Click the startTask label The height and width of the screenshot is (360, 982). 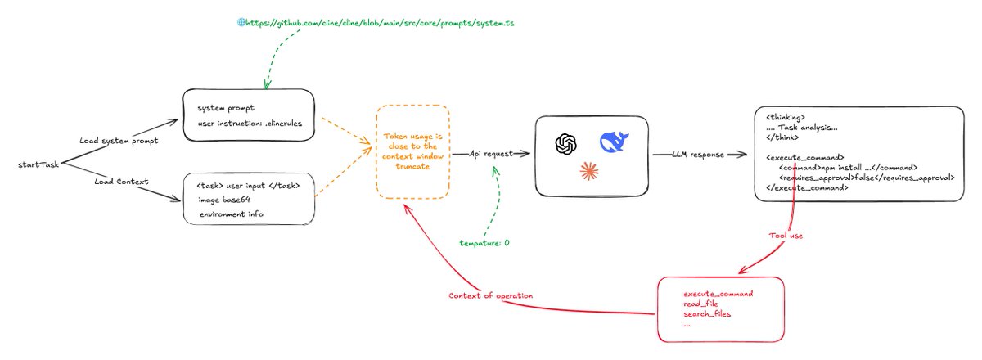pyautogui.click(x=38, y=165)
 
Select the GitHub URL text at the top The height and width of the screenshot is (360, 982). pyautogui.click(x=380, y=23)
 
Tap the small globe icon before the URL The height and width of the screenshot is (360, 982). pyautogui.click(x=241, y=22)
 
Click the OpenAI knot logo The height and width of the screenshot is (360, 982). pyautogui.click(x=566, y=144)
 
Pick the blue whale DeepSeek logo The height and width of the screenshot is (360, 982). pyautogui.click(x=615, y=142)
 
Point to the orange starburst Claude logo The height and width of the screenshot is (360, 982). pyautogui.click(x=588, y=171)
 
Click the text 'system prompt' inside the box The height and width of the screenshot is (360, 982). pyautogui.click(x=226, y=108)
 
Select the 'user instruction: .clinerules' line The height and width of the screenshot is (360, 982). pyautogui.click(x=250, y=124)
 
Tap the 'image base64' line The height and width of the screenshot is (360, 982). pyautogui.click(x=224, y=200)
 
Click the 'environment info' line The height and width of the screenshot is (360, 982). pyautogui.click(x=232, y=214)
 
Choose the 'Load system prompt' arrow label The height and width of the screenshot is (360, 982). pyautogui.click(x=119, y=141)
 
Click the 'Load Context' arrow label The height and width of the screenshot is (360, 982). pyautogui.click(x=121, y=182)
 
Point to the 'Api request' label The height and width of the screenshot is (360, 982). pyautogui.click(x=491, y=154)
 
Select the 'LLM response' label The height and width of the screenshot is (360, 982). pyautogui.click(x=698, y=155)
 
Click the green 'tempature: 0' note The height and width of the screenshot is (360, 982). pyautogui.click(x=484, y=243)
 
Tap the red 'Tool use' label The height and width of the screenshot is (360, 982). pyautogui.click(x=786, y=236)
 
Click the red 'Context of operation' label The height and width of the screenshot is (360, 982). pyautogui.click(x=490, y=295)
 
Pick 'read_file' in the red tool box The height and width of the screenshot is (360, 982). pyautogui.click(x=700, y=304)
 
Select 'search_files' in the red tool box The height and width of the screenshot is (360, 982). pyautogui.click(x=707, y=313)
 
